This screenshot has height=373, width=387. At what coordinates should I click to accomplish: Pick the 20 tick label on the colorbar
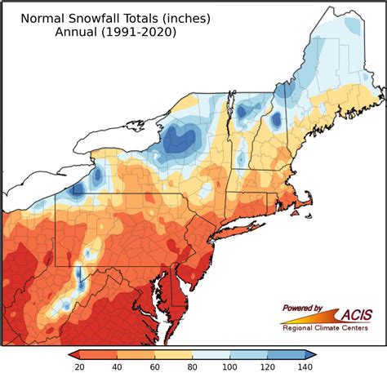pyautogui.click(x=80, y=366)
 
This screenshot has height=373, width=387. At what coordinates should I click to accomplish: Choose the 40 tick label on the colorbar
pyautogui.click(x=118, y=366)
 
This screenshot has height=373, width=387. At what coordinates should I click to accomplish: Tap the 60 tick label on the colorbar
pyautogui.click(x=155, y=366)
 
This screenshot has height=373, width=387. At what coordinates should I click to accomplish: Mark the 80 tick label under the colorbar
pyautogui.click(x=193, y=366)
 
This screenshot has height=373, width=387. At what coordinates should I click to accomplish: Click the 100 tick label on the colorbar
pyautogui.click(x=230, y=366)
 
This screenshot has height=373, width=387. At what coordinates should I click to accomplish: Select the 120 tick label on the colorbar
pyautogui.click(x=268, y=366)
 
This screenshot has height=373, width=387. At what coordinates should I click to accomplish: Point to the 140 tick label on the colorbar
pyautogui.click(x=305, y=366)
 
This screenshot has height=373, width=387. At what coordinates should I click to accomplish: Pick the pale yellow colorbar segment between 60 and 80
pyautogui.click(x=174, y=354)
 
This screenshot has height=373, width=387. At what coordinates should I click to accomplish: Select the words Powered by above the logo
pyautogui.click(x=304, y=308)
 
